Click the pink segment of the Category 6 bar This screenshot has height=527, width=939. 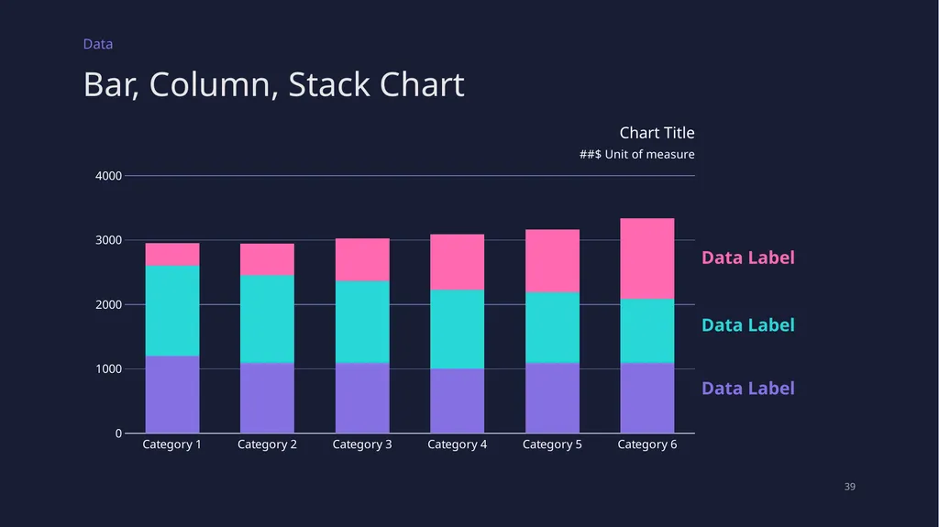[646, 258]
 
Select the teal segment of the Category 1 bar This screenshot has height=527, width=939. [172, 311]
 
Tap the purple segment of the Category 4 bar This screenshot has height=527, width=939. [457, 401]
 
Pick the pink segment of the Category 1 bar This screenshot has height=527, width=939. [172, 255]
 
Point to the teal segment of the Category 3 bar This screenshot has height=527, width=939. [362, 322]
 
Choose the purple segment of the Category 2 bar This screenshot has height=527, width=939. [267, 398]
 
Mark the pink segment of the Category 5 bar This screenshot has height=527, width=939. [552, 261]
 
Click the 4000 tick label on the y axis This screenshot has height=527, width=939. [108, 175]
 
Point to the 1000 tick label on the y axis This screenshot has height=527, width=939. [108, 368]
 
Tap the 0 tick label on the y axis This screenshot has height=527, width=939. [118, 433]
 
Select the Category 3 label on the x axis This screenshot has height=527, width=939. [362, 445]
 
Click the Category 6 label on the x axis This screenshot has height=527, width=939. [647, 445]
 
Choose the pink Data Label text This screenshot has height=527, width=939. [748, 258]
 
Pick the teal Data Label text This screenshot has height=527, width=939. [748, 325]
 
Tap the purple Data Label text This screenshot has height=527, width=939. [748, 389]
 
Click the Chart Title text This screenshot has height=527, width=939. [657, 132]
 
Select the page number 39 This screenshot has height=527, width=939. [850, 487]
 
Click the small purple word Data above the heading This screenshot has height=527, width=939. [97, 44]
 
